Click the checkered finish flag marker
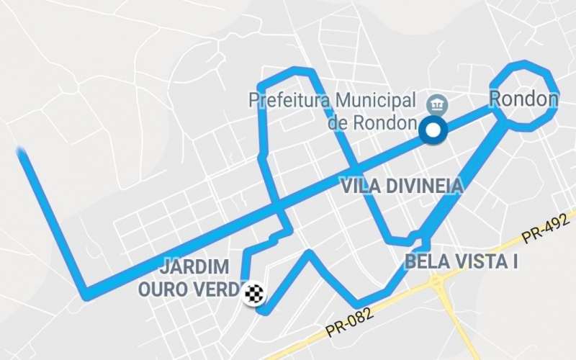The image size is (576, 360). (254, 294)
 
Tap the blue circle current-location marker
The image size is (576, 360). (433, 130)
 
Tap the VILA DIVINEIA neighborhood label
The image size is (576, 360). (402, 186)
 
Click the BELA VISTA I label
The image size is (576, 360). (462, 261)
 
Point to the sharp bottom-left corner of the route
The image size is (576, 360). (86, 294)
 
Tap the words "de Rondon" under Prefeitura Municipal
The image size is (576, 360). (372, 122)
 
